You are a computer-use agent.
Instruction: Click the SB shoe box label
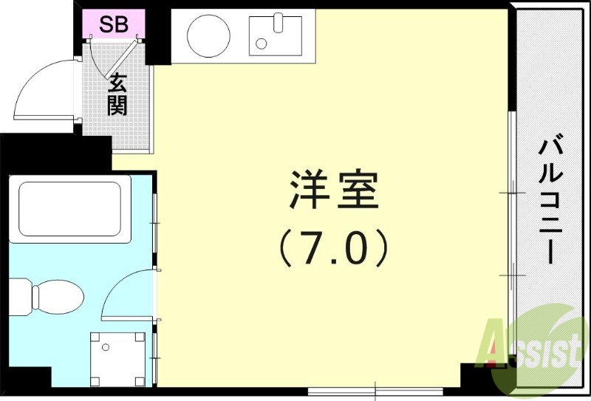[x=114, y=24]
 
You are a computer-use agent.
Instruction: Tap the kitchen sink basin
[x=276, y=35]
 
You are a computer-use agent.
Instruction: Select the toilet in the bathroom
[x=55, y=296]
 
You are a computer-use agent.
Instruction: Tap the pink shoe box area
[x=114, y=24]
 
